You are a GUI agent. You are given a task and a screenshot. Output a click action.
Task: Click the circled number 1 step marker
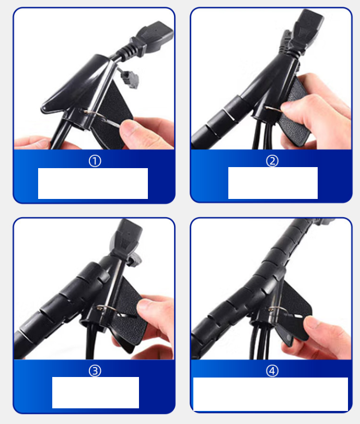[95, 161]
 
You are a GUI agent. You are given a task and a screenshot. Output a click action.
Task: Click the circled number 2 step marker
[272, 161]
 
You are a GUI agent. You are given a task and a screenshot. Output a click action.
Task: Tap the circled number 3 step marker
[95, 371]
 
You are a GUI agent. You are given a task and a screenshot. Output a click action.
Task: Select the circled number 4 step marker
[272, 371]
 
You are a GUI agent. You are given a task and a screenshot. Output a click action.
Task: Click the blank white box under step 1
[93, 183]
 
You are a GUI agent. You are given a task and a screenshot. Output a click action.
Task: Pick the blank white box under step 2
[273, 183]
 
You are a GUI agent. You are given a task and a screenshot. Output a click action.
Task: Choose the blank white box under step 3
[96, 392]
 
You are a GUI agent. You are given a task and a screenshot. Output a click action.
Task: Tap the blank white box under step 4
[271, 394]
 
